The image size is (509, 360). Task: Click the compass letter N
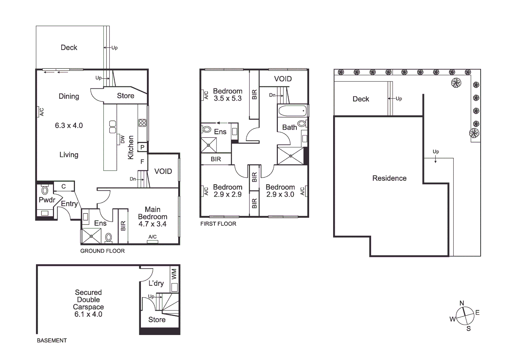pyautogui.click(x=462, y=303)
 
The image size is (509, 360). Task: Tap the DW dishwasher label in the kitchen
pyautogui.click(x=122, y=139)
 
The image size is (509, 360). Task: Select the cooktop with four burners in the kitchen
pyautogui.click(x=142, y=122)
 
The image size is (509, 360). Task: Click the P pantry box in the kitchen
pyautogui.click(x=142, y=147)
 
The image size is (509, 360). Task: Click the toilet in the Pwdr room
pyautogui.click(x=45, y=190)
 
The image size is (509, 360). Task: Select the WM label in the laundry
pyautogui.click(x=174, y=274)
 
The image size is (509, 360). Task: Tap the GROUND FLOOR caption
pyautogui.click(x=102, y=251)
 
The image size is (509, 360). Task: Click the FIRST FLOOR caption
pyautogui.click(x=218, y=224)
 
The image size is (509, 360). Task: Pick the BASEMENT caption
pyautogui.click(x=52, y=340)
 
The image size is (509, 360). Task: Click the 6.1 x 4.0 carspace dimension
pyautogui.click(x=88, y=314)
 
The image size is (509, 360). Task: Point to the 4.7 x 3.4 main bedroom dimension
pyautogui.click(x=153, y=224)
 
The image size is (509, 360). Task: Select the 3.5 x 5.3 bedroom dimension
pyautogui.click(x=228, y=98)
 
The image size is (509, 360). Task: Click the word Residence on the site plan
pyautogui.click(x=389, y=178)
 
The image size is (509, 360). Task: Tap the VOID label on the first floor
pyautogui.click(x=283, y=79)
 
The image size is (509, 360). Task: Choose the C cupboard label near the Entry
pyautogui.click(x=64, y=186)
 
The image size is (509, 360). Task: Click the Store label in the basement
pyautogui.click(x=157, y=319)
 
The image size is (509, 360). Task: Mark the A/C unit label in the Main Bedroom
pyautogui.click(x=153, y=237)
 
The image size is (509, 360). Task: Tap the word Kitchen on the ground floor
pyautogui.click(x=131, y=147)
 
